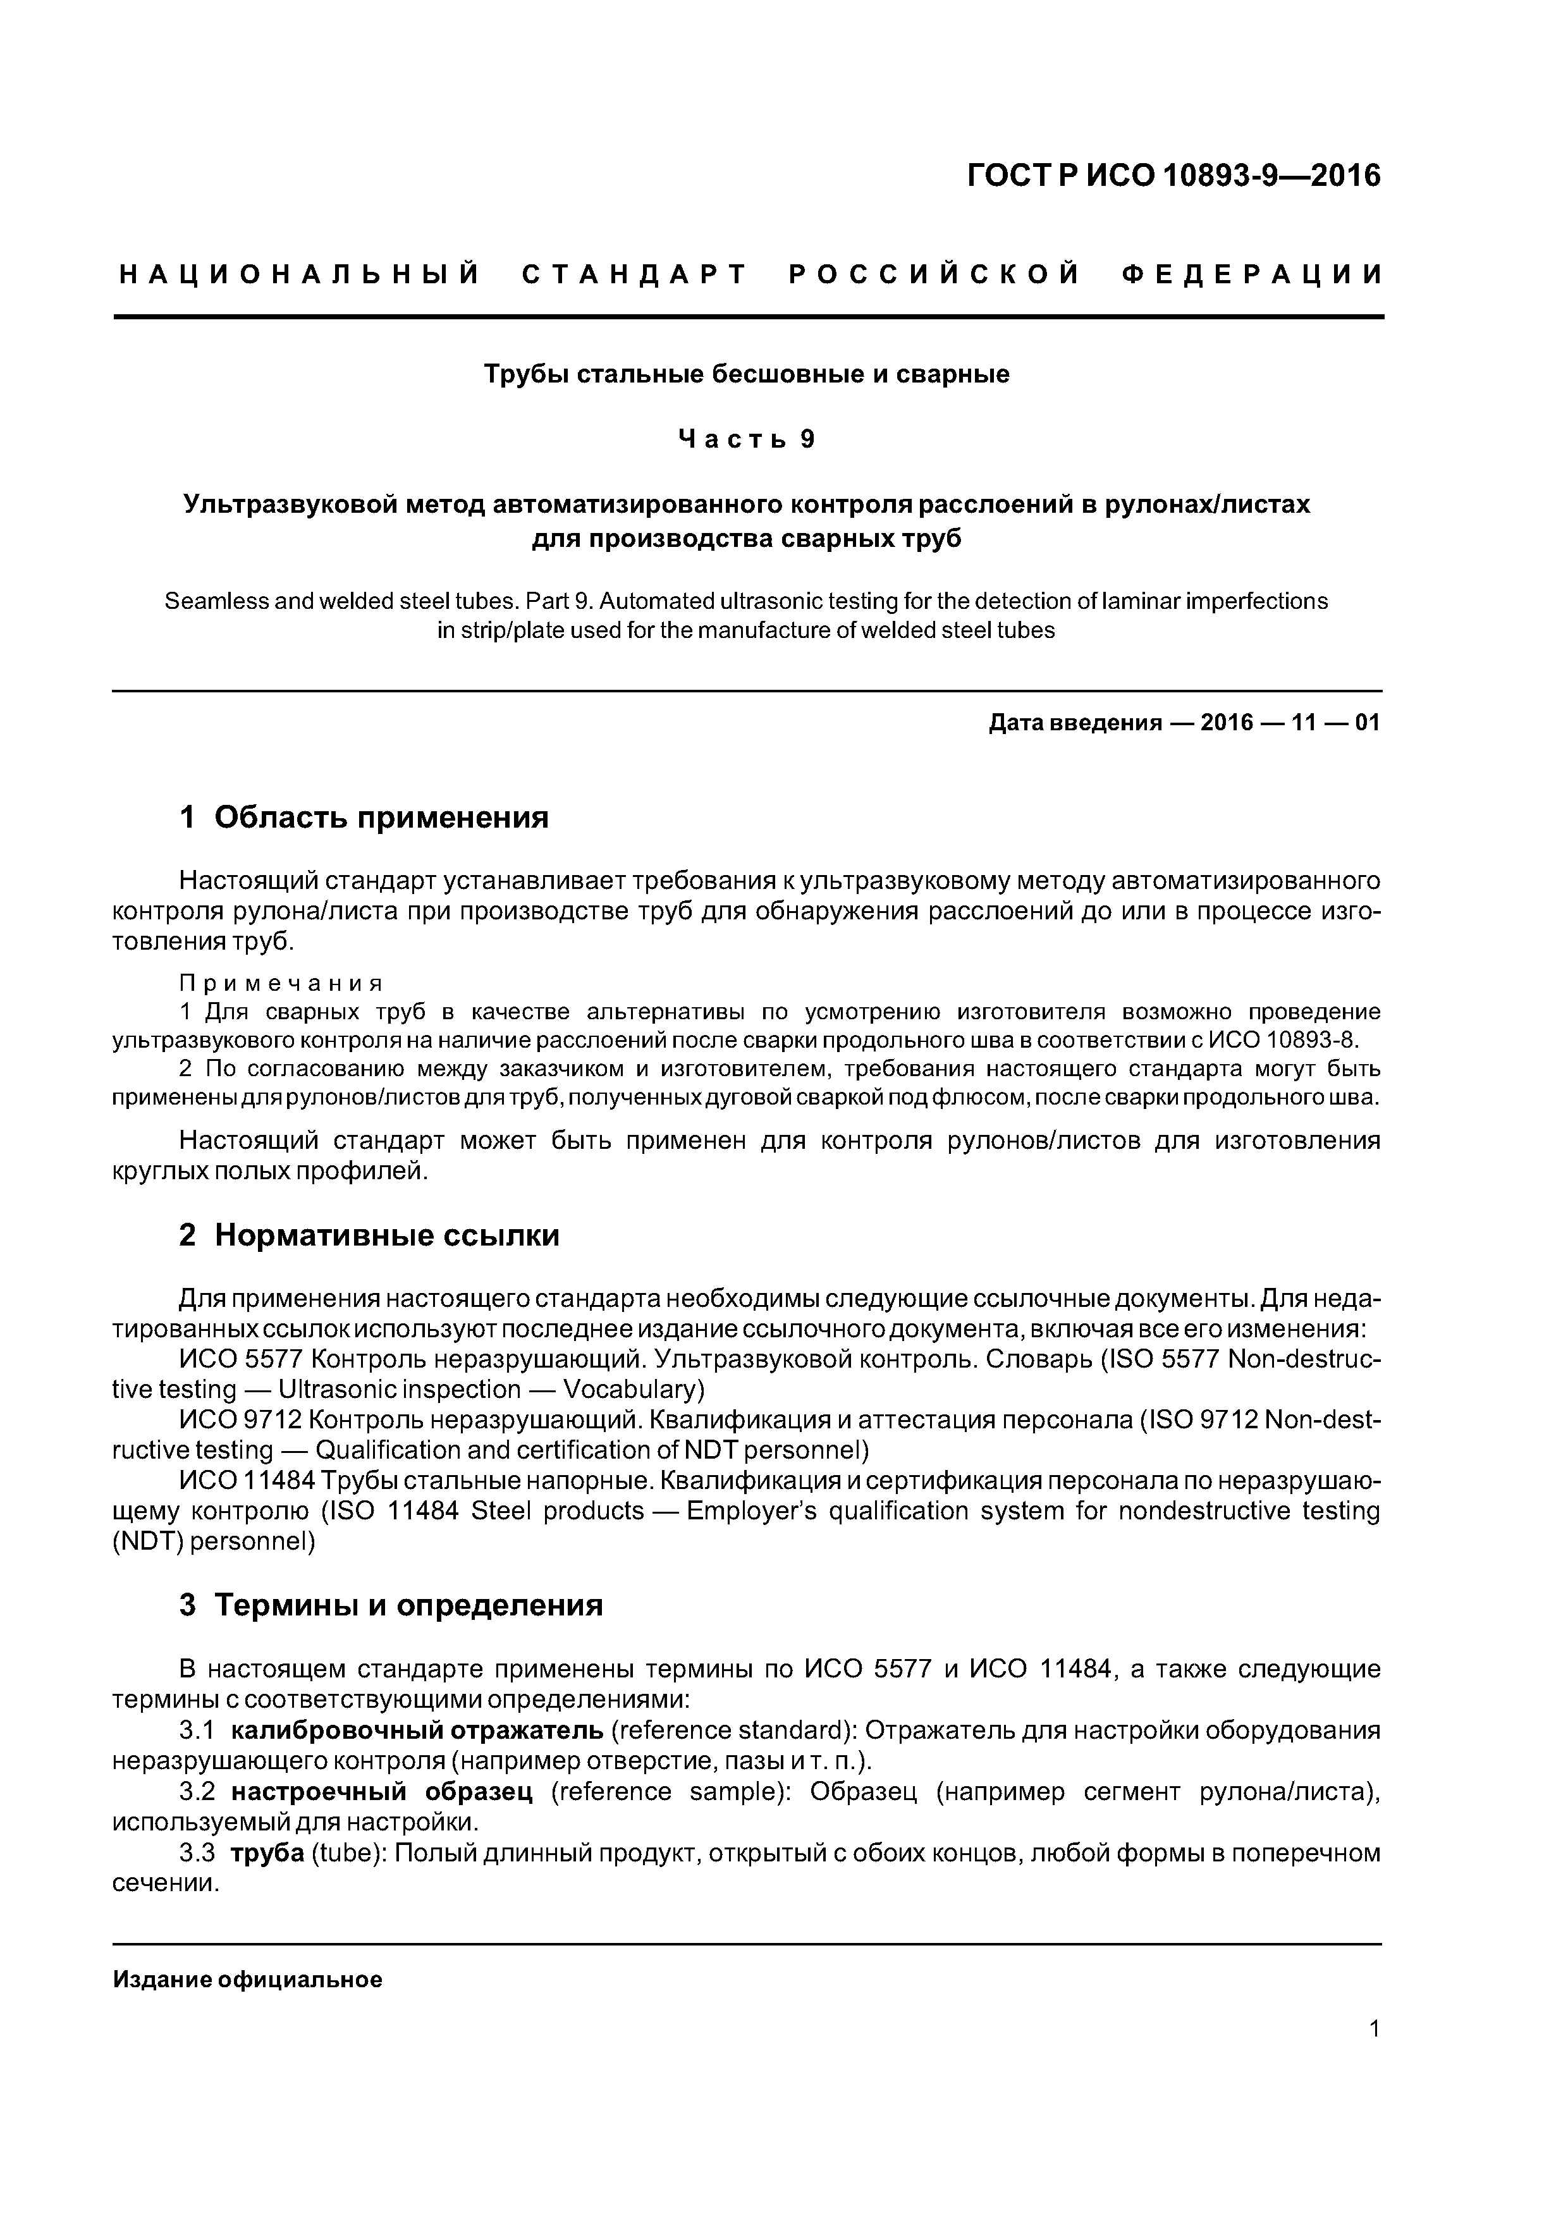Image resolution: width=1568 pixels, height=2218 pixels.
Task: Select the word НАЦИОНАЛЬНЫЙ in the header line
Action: point(300,275)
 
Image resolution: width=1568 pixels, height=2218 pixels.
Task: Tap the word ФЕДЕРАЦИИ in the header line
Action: point(1252,275)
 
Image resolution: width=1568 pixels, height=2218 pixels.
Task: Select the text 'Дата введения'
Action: point(1074,723)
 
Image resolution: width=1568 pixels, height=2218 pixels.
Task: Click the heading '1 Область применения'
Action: point(364,818)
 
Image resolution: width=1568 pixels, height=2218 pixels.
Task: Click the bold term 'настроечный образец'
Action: point(382,1792)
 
